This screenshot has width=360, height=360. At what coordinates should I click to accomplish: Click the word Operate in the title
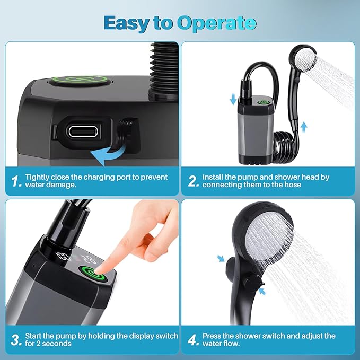pos(217,23)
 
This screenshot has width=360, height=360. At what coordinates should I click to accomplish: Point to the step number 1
pos(16,181)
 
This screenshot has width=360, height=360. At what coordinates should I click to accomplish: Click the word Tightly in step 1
pos(38,177)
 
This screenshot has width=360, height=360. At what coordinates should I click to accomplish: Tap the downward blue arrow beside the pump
pos(233,99)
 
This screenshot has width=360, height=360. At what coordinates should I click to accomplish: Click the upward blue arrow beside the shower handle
pos(304,127)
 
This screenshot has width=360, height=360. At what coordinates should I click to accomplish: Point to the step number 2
pos(193,181)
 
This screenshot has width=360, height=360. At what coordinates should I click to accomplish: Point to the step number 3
pos(16,340)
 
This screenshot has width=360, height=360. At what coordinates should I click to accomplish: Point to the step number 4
pos(193,340)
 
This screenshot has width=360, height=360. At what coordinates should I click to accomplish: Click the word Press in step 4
pos(212,336)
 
